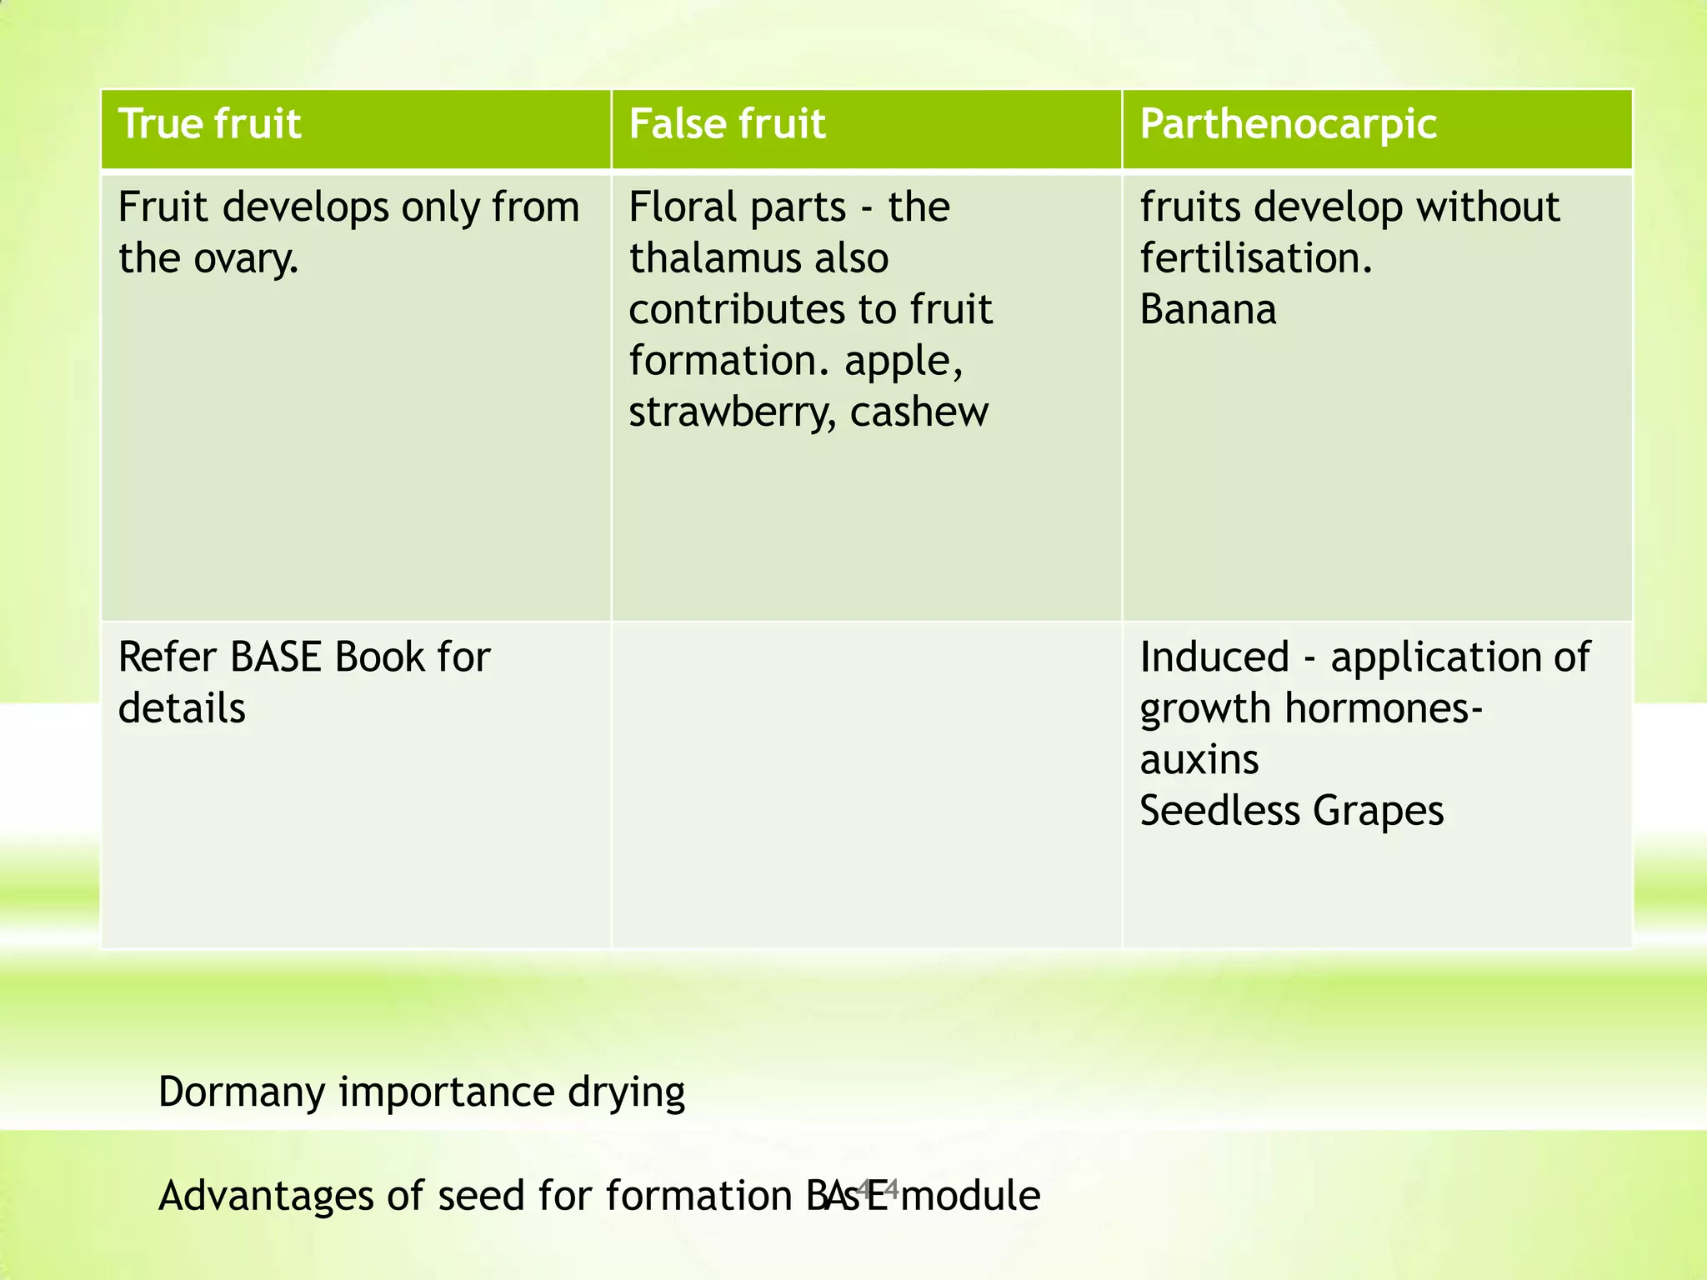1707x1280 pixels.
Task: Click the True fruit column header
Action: [x=209, y=124]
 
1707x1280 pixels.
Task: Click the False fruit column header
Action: [x=727, y=124]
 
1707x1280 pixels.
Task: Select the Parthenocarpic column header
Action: [x=1288, y=124]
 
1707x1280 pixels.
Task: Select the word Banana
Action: [x=1208, y=310]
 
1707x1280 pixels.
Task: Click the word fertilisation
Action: [x=1255, y=258]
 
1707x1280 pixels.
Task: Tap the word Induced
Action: [x=1214, y=657]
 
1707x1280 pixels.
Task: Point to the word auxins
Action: [x=1199, y=760]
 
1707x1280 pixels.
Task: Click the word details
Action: [x=182, y=709]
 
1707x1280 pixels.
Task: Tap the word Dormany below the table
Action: [x=241, y=1092]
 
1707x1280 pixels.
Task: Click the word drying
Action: [x=626, y=1092]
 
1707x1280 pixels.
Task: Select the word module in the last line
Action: [x=970, y=1196]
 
